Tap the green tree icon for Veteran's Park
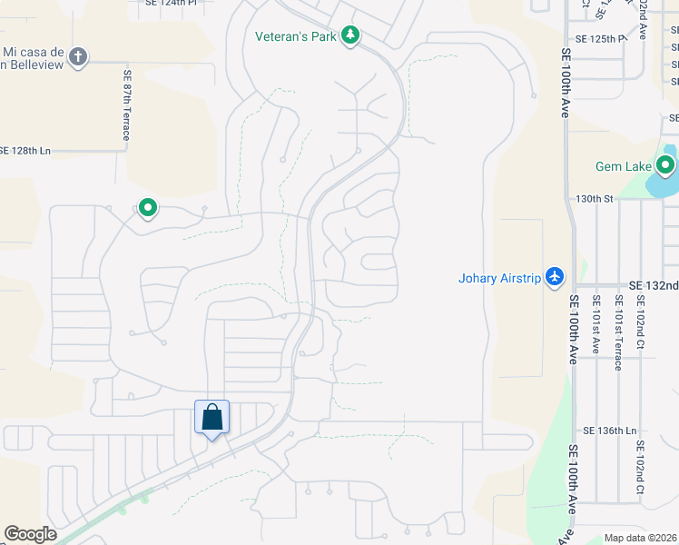(350, 36)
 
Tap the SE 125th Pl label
(601, 39)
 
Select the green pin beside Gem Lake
(665, 166)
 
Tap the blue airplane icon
(556, 277)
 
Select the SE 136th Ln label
(612, 431)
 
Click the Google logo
(30, 534)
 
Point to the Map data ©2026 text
(639, 538)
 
